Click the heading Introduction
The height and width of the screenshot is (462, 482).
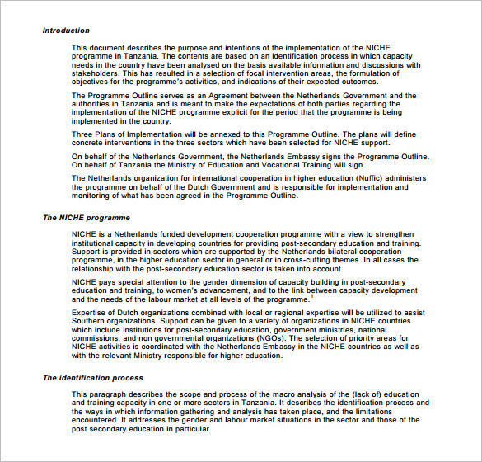pyautogui.click(x=66, y=31)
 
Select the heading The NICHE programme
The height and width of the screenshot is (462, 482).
pyautogui.click(x=87, y=218)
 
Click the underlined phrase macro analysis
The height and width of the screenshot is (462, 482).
pyautogui.click(x=300, y=395)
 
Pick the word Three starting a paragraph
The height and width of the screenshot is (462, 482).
pyautogui.click(x=83, y=134)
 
